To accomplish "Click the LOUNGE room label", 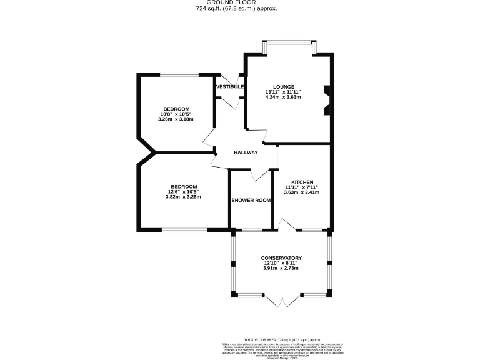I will pyautogui.click(x=283, y=86).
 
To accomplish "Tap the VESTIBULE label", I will pyautogui.click(x=229, y=86).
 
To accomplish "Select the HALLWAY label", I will pyautogui.click(x=246, y=152).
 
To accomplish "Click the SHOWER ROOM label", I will pyautogui.click(x=251, y=200).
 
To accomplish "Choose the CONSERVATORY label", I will pyautogui.click(x=281, y=257).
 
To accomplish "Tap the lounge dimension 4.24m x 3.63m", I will pyautogui.click(x=283, y=97).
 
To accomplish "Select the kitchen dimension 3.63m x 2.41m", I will pyautogui.click(x=301, y=192).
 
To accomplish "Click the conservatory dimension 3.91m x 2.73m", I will pyautogui.click(x=281, y=269).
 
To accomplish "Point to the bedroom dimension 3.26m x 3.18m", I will pyautogui.click(x=176, y=119).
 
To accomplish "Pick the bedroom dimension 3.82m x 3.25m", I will pyautogui.click(x=183, y=197).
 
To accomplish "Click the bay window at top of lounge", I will pyautogui.click(x=289, y=43).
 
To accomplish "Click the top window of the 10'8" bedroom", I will pyautogui.click(x=180, y=75).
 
